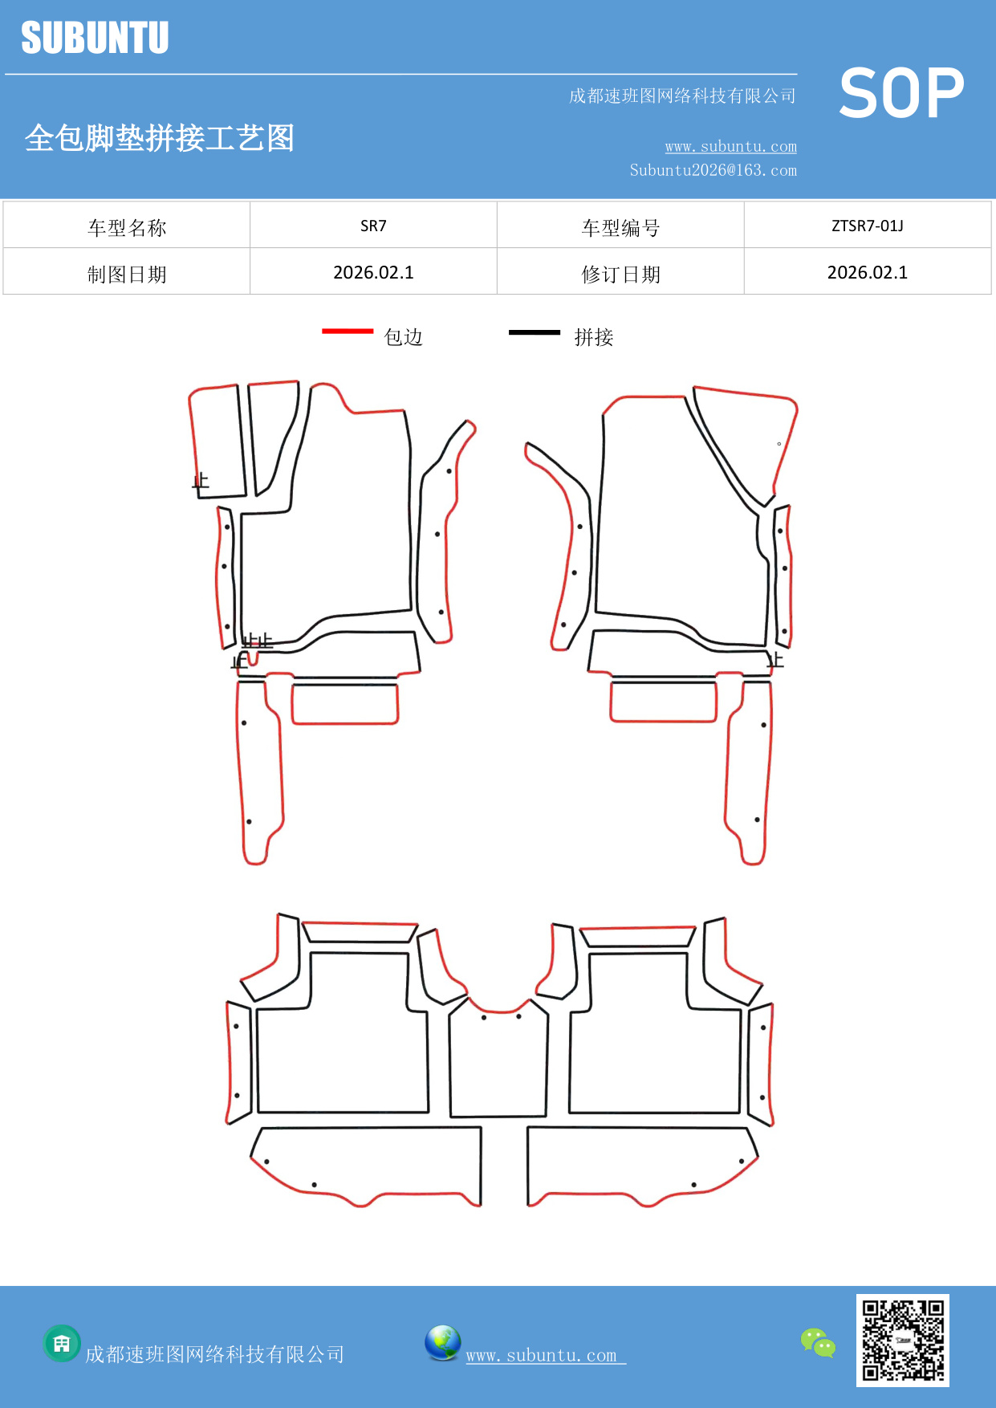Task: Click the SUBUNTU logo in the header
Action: coord(95,38)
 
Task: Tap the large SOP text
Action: coord(901,94)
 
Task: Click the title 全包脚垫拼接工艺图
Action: coord(160,138)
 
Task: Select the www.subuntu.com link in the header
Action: coord(730,147)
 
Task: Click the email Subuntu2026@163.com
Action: coord(713,170)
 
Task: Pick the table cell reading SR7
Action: coord(373,226)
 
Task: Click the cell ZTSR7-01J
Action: coord(867,226)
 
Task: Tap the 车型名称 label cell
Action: coord(127,228)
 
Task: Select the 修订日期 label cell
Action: coord(620,275)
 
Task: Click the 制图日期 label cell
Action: coord(127,275)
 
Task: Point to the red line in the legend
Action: coord(348,331)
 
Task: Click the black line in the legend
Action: coord(534,332)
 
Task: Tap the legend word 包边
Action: coord(403,337)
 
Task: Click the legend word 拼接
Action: coord(593,337)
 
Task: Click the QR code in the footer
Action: coord(902,1340)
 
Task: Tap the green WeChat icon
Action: coord(818,1343)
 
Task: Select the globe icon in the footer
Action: coord(442,1343)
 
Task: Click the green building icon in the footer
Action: coord(62,1343)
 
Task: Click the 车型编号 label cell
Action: coord(620,228)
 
